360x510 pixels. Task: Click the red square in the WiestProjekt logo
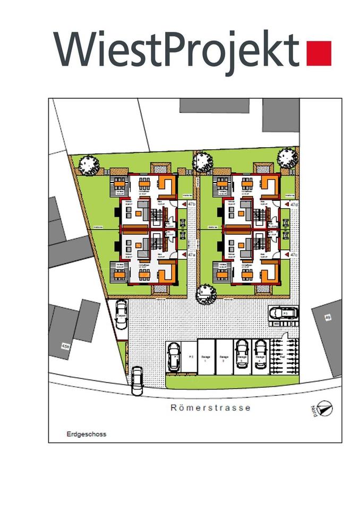[x=319, y=53]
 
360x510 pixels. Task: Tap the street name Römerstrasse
[x=211, y=408]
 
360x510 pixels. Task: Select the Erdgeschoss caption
[x=87, y=434]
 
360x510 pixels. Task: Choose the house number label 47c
[x=294, y=255]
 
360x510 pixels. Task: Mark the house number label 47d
[x=294, y=204]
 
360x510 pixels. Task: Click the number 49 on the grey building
[x=328, y=318]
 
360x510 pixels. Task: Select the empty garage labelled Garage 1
[x=205, y=360]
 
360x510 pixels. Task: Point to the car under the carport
[x=121, y=314]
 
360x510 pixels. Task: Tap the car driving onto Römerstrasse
[x=137, y=380]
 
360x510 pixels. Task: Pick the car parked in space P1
[x=174, y=356]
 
